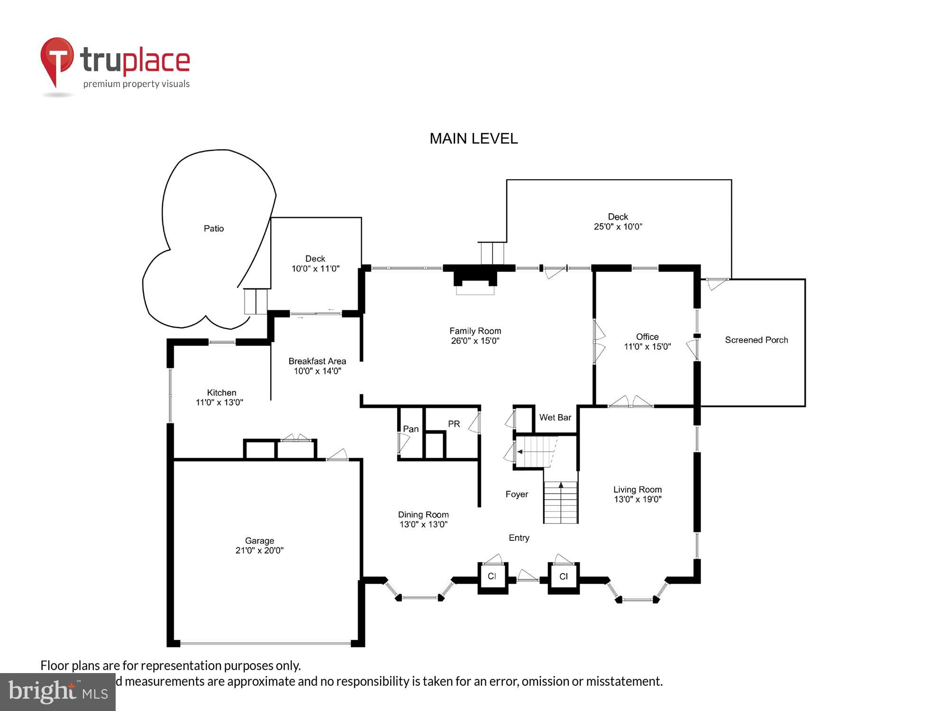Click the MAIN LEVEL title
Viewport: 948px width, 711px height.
(x=474, y=138)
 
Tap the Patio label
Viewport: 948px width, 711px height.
(x=213, y=228)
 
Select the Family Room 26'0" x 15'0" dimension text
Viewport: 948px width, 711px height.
(x=475, y=341)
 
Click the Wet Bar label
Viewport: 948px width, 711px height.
(x=555, y=418)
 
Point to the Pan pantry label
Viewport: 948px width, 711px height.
(x=410, y=429)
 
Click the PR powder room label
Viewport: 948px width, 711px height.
(x=454, y=424)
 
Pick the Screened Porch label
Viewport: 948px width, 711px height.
(x=756, y=340)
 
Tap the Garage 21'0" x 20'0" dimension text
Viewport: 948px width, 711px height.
(x=259, y=550)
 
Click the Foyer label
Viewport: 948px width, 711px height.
(x=517, y=494)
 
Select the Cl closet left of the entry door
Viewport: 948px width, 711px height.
(x=492, y=576)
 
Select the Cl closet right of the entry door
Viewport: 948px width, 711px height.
(x=563, y=576)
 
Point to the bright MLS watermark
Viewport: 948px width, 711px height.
(x=57, y=692)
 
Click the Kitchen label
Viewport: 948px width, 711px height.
(x=221, y=392)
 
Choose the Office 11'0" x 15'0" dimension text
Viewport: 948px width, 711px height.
(x=647, y=346)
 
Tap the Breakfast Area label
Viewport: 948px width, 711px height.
(x=317, y=361)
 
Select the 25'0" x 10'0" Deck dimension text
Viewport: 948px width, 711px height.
(x=618, y=227)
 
